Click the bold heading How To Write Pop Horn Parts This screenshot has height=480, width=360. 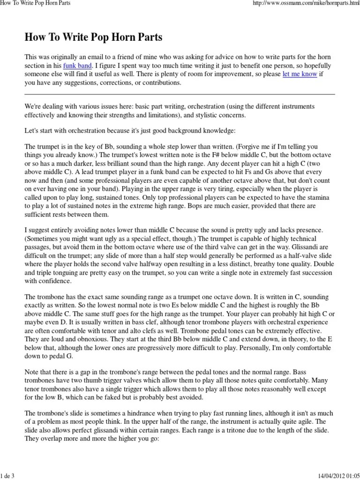point(93,37)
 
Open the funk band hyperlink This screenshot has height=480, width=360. point(78,65)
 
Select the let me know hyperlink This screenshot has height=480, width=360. point(300,74)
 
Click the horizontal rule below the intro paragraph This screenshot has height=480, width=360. point(180,94)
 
